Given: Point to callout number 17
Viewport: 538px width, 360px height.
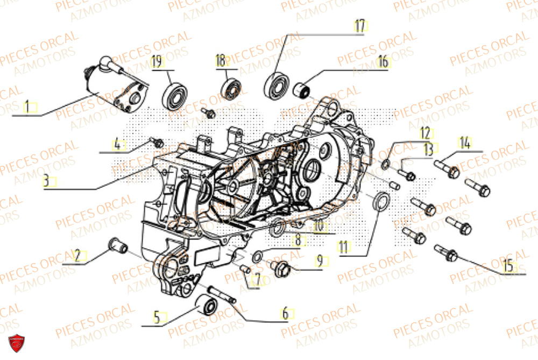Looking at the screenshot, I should (359, 25).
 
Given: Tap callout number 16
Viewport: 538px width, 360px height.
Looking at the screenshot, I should (383, 61).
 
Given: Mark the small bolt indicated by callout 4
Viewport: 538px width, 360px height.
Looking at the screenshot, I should (158, 143).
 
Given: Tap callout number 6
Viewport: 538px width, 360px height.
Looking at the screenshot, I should (285, 313).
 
